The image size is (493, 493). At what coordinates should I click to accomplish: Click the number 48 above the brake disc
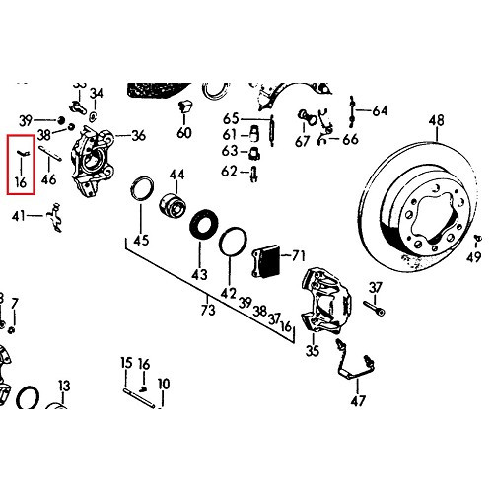[437, 120]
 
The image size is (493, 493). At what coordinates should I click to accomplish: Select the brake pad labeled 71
[266, 261]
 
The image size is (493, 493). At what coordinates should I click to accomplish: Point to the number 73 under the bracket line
[208, 310]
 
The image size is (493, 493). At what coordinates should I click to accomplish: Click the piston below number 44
[174, 206]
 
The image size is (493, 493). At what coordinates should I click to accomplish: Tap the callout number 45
[141, 240]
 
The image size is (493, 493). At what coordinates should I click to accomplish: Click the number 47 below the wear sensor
[358, 400]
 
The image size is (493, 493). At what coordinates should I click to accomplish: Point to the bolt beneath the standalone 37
[374, 308]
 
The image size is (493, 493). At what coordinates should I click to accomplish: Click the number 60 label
[184, 133]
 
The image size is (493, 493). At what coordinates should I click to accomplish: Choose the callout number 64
[380, 110]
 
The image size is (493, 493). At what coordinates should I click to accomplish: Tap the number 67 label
[303, 141]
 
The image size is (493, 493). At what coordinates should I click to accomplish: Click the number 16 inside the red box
[21, 181]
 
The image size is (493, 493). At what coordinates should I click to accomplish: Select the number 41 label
[19, 216]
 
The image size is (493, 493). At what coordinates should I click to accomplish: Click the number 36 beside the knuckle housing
[138, 135]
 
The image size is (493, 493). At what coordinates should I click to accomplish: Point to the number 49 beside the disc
[473, 256]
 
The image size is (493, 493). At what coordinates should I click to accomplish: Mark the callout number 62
[229, 171]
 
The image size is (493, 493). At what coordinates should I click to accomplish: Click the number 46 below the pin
[48, 179]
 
